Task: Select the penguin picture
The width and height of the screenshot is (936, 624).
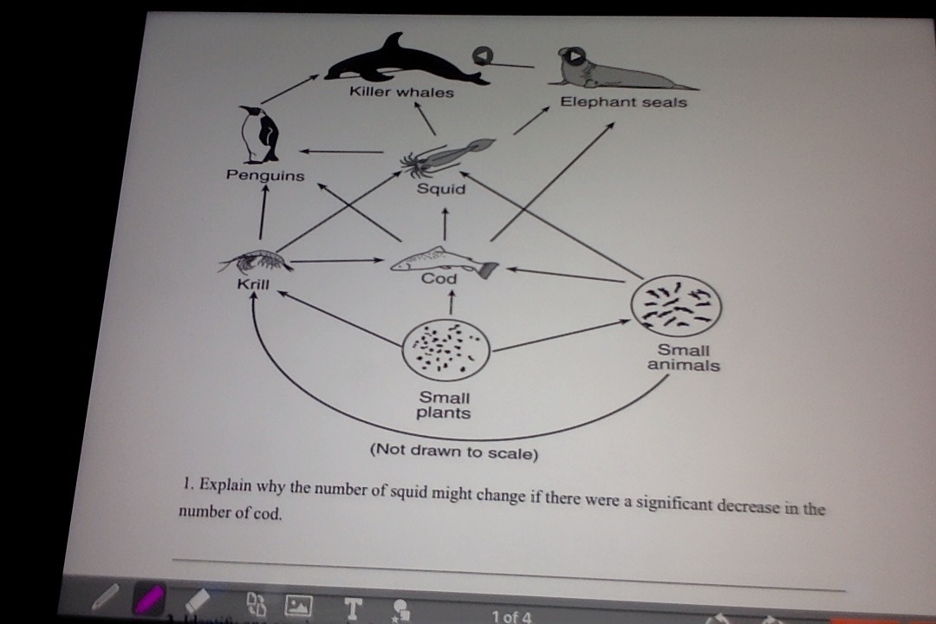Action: (261, 133)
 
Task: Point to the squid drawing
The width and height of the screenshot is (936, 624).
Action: (445, 156)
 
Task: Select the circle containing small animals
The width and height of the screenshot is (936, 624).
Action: (676, 304)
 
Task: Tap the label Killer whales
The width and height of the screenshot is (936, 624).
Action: (401, 92)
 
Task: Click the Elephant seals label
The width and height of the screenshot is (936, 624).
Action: (623, 102)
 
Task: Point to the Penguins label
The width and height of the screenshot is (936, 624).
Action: (265, 175)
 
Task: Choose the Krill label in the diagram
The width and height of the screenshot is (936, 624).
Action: (254, 284)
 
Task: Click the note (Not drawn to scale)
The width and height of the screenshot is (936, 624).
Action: (453, 452)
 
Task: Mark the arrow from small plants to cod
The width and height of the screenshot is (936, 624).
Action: (451, 302)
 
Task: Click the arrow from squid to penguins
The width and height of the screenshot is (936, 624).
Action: (342, 153)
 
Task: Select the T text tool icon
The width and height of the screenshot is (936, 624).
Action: (351, 608)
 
